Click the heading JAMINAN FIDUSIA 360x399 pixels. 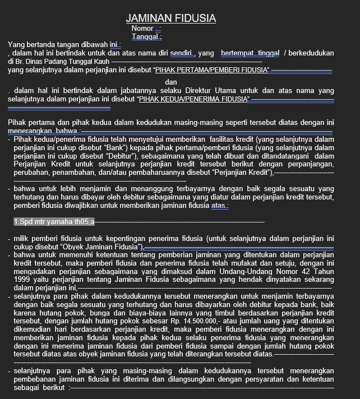pyautogui.click(x=170, y=18)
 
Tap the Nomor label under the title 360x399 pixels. pyautogui.click(x=142, y=29)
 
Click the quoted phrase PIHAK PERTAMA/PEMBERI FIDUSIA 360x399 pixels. pyautogui.click(x=212, y=70)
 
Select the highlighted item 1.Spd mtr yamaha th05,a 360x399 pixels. pyautogui.click(x=54, y=222)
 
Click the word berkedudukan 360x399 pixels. pyautogui.click(x=312, y=53)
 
